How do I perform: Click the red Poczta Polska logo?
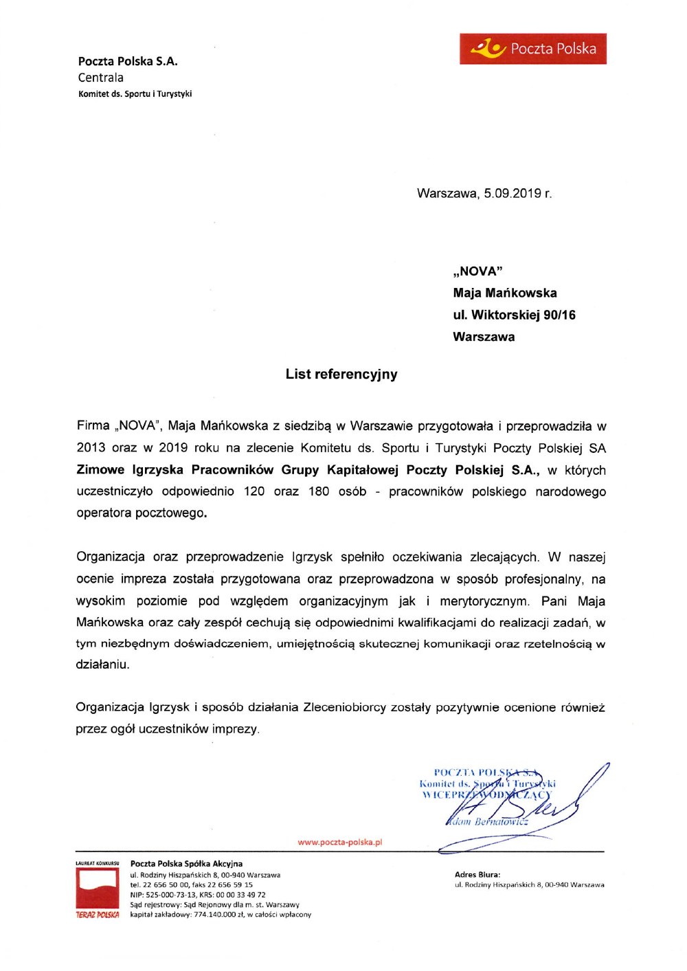coord(533,49)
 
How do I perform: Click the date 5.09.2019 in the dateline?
coord(513,193)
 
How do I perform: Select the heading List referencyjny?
coord(341,375)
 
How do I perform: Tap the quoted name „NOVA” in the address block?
coord(477,271)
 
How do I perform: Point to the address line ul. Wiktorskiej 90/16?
coord(514,315)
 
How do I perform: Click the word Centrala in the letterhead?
coord(101,78)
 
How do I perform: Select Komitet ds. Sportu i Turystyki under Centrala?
coord(135,94)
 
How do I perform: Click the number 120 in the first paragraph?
coord(254,492)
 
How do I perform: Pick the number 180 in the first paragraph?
coord(318,492)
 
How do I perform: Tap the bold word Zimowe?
coord(100,471)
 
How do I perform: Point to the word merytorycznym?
coord(484,601)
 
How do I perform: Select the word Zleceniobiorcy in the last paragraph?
coord(344,707)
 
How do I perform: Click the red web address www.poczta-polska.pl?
coord(340,842)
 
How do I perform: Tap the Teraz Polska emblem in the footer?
coord(98,891)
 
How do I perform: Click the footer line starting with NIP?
coord(198,895)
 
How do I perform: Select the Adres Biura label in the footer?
coord(477,875)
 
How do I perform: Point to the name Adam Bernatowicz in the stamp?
coord(488,821)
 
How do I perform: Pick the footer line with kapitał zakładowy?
coord(221,915)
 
